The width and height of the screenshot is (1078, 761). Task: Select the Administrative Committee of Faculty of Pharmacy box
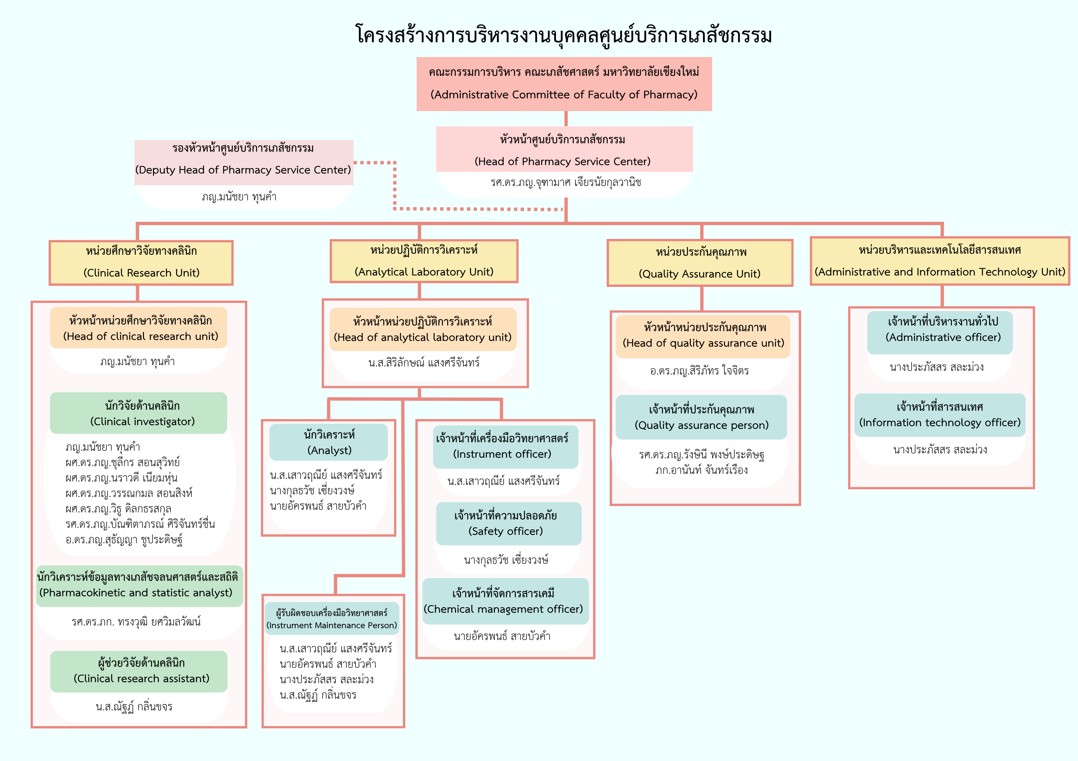[x=564, y=84]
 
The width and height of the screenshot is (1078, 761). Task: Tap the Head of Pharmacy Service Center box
[x=564, y=149]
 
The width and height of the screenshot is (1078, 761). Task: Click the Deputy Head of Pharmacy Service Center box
[x=244, y=162]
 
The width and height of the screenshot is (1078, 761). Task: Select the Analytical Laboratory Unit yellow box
[x=424, y=261]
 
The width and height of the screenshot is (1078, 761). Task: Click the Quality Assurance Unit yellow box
[x=700, y=263]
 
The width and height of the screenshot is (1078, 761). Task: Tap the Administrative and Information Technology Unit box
[x=940, y=261]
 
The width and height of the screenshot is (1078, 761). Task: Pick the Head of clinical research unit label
[x=139, y=328]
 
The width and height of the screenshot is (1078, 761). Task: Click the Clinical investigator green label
[x=139, y=413]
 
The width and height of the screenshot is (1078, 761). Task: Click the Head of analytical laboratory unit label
[x=423, y=329]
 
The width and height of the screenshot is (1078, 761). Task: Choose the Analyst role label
[x=329, y=442]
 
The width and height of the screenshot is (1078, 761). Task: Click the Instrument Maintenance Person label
[x=332, y=618]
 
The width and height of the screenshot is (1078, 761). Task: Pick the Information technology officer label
[x=940, y=415]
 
